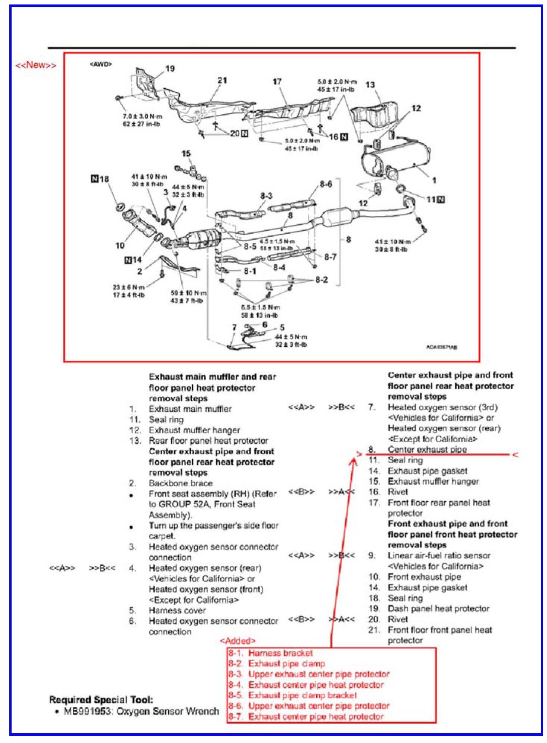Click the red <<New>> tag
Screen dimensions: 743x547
pyautogui.click(x=35, y=65)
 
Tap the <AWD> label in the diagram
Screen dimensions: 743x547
pyautogui.click(x=100, y=64)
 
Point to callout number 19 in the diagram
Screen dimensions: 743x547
pyautogui.click(x=170, y=69)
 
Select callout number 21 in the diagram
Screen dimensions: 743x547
pyautogui.click(x=222, y=80)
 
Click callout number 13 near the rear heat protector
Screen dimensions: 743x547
pyautogui.click(x=370, y=85)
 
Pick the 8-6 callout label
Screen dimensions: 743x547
pyautogui.click(x=326, y=184)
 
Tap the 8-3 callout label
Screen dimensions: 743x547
pyautogui.click(x=266, y=196)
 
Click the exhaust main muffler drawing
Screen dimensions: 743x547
pyautogui.click(x=396, y=161)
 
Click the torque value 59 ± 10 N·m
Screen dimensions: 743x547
pyautogui.click(x=189, y=293)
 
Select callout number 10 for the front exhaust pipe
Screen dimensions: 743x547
pyautogui.click(x=119, y=245)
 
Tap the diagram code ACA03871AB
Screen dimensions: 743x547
pyautogui.click(x=442, y=347)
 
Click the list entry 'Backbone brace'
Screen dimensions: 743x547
pyautogui.click(x=180, y=483)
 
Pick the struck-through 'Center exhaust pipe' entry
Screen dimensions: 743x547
pyautogui.click(x=427, y=449)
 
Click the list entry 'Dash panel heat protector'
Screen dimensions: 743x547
pyautogui.click(x=438, y=609)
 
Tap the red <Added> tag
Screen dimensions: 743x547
pyautogui.click(x=237, y=641)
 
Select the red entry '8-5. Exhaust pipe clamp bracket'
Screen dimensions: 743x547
pyautogui.click(x=293, y=695)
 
